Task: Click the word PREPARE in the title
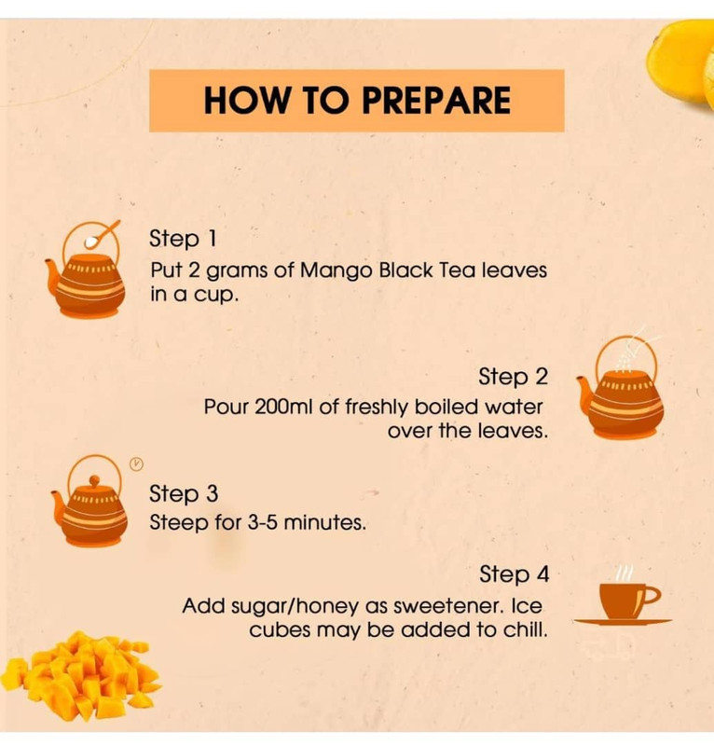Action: tap(436, 101)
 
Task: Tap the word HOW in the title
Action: tap(246, 101)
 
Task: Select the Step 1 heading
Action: tap(183, 239)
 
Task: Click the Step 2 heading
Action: tap(514, 377)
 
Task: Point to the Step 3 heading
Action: tap(184, 493)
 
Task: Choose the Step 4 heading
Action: tap(515, 573)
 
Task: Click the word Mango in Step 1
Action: tap(336, 271)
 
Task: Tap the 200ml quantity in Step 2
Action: tap(283, 407)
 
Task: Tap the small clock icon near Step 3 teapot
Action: tap(136, 463)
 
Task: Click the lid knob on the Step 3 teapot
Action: tap(95, 480)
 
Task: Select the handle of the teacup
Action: tap(651, 596)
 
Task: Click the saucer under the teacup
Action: tap(623, 621)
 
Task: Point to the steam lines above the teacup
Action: tap(625, 573)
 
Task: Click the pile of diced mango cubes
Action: tap(81, 675)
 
